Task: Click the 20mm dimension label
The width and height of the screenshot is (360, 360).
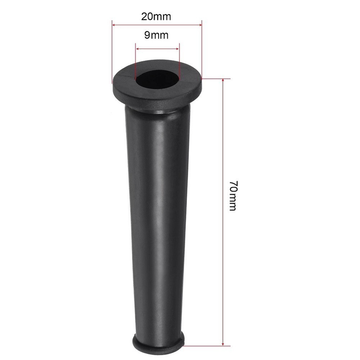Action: [156, 16]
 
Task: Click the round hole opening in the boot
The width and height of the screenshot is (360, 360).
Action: [157, 78]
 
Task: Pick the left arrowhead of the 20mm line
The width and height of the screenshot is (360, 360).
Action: [114, 25]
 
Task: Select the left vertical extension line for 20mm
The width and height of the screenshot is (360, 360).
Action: [112, 54]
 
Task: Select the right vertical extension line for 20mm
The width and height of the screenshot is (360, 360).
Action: [202, 50]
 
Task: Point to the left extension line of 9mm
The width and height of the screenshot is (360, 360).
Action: [135, 61]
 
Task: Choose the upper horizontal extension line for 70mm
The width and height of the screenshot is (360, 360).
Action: [216, 78]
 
